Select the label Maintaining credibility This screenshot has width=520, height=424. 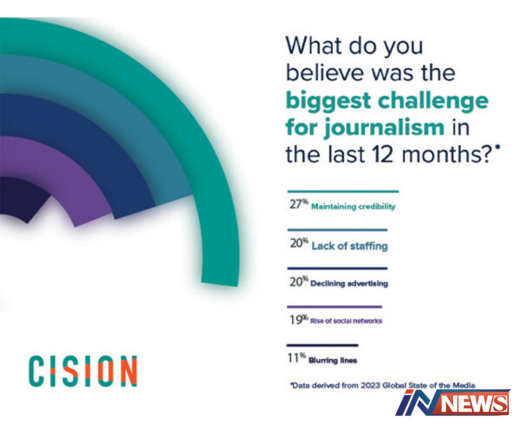tap(353, 207)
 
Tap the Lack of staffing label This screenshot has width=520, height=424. tap(350, 246)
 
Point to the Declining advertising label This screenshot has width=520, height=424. tap(349, 284)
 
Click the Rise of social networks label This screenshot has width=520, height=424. tap(346, 321)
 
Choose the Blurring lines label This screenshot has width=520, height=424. tap(333, 360)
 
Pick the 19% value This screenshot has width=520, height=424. tap(299, 319)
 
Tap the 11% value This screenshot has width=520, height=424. tap(297, 358)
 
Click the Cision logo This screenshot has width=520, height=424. tap(83, 371)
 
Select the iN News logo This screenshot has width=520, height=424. tap(453, 402)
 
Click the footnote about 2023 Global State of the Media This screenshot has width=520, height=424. tap(383, 385)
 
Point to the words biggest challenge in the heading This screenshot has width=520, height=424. tap(387, 101)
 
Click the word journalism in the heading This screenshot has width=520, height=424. tap(384, 128)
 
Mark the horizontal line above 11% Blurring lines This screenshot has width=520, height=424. tap(322, 345)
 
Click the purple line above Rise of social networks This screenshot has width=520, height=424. tap(334, 307)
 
